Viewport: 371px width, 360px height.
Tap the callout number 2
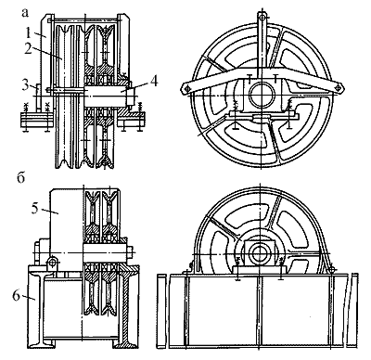(x=29, y=49)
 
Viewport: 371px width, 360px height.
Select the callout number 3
(x=26, y=84)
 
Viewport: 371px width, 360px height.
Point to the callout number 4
(x=154, y=82)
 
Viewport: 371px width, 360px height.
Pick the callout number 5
(x=35, y=208)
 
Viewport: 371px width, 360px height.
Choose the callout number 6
(x=16, y=295)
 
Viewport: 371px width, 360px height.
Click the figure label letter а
(x=25, y=12)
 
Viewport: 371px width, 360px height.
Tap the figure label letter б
(x=20, y=178)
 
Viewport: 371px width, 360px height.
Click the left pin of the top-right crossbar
(x=186, y=89)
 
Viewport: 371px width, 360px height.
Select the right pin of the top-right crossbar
(x=339, y=88)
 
